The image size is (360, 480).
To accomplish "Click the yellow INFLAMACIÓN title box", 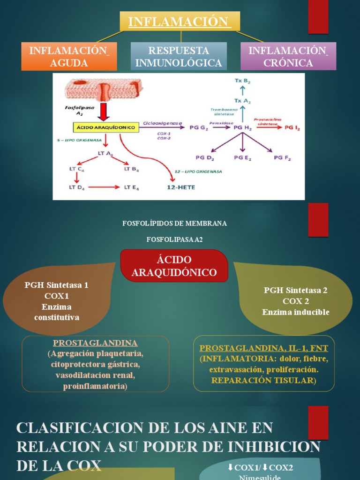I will click(180, 22).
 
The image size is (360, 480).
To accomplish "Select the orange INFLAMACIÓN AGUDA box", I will click(69, 57).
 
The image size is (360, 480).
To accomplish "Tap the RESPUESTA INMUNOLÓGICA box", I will click(179, 57).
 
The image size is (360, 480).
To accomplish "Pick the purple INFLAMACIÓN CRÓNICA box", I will click(288, 57).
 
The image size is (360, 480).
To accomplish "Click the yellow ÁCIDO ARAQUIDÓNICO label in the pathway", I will click(105, 127).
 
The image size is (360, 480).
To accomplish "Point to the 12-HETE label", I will click(181, 187).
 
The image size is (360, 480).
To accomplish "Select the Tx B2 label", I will click(242, 82).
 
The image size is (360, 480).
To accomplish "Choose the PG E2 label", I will click(242, 158).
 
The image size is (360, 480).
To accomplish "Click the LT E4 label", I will click(131, 187).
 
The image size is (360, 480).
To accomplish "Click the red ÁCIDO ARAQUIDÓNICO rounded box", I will click(174, 266).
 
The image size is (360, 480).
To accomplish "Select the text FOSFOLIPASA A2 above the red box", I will click(174, 239).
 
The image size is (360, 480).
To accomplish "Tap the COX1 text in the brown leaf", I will click(56, 296).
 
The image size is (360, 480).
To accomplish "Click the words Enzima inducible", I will click(296, 312).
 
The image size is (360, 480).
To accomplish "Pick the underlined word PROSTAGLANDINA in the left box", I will click(95, 343).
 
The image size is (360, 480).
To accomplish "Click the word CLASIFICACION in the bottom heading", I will click(68, 428).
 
